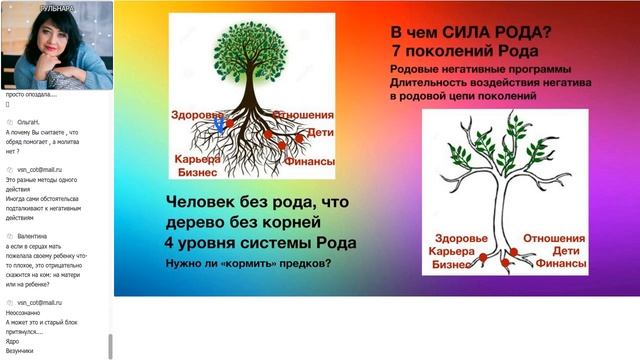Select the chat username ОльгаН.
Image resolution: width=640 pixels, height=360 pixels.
pos(31,121)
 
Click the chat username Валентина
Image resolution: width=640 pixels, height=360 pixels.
pos(35,235)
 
